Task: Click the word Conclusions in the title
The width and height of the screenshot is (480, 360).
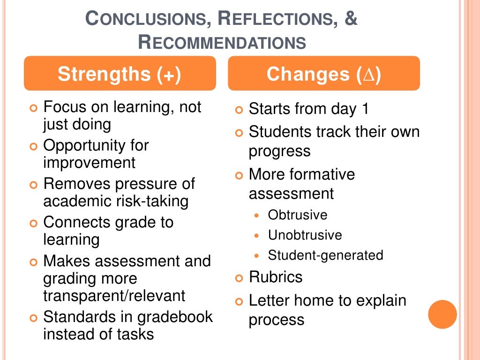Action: tap(146, 20)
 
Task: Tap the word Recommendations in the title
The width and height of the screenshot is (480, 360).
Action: tap(222, 43)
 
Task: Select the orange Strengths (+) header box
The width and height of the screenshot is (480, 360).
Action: tap(120, 74)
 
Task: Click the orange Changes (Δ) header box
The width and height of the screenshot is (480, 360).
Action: tap(324, 74)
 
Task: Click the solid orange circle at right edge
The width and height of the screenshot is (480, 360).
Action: tap(442, 315)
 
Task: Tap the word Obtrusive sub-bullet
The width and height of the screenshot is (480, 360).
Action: tap(297, 215)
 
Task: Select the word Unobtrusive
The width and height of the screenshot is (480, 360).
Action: tap(305, 235)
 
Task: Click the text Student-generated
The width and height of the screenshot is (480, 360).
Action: tap(325, 255)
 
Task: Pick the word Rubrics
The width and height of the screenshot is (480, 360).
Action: tap(275, 277)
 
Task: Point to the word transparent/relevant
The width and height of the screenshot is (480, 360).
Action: tap(114, 296)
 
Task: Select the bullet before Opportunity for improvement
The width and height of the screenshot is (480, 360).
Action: tap(33, 146)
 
